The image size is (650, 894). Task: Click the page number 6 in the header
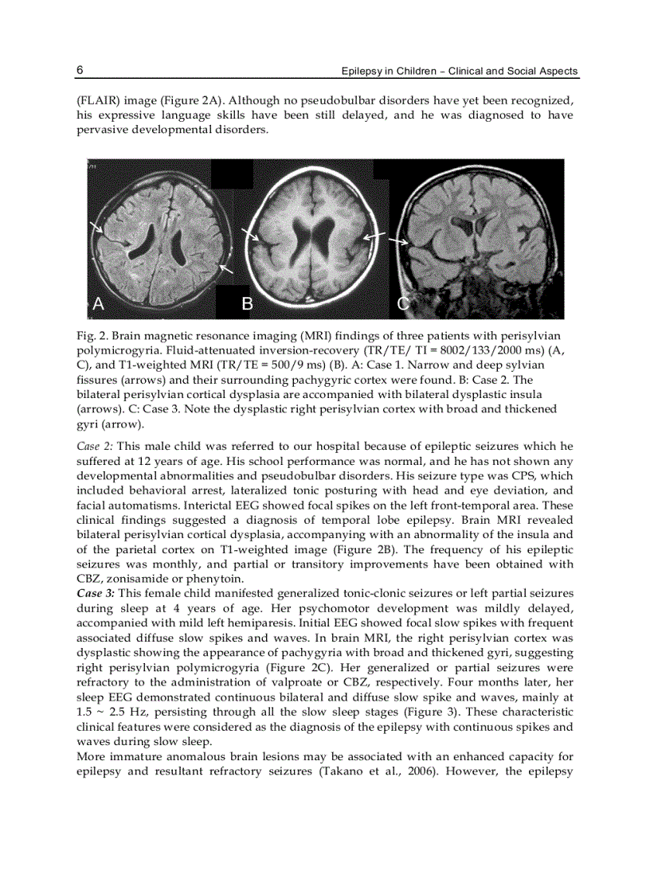click(80, 70)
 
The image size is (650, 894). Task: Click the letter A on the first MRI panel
click(99, 303)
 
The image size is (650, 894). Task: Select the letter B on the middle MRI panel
click(247, 303)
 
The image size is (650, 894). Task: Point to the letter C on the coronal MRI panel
click(404, 303)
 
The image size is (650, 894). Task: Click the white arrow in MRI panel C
click(398, 240)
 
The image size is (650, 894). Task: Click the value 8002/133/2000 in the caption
click(453, 350)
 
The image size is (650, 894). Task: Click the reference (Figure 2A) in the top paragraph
click(190, 102)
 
